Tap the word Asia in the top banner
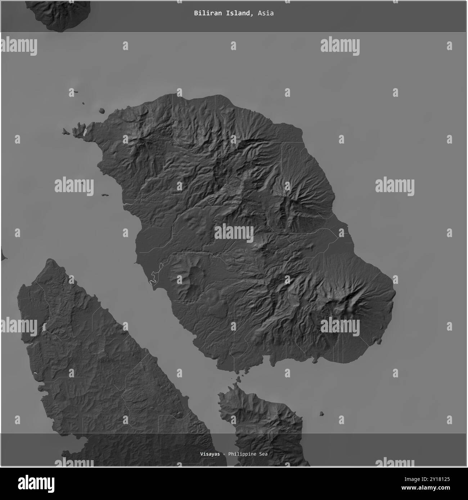(x=266, y=13)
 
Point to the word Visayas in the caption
(x=210, y=454)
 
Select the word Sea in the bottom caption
(x=263, y=454)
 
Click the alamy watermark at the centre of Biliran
(x=234, y=233)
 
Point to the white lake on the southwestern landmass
(x=44, y=327)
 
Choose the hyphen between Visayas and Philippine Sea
(x=224, y=454)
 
